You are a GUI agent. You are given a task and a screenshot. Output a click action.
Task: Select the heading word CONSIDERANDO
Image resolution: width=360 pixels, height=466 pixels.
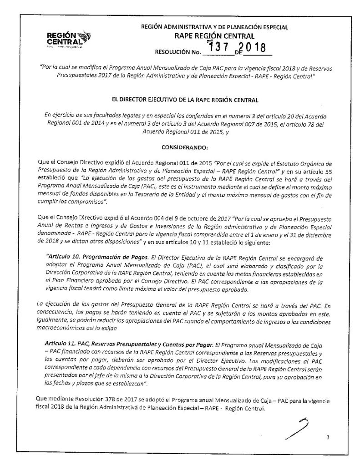point(181,147)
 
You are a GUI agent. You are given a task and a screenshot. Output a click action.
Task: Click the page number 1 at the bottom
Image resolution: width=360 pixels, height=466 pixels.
point(327,438)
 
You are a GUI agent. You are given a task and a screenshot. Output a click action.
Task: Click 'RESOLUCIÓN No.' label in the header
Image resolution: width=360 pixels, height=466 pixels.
point(178,51)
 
